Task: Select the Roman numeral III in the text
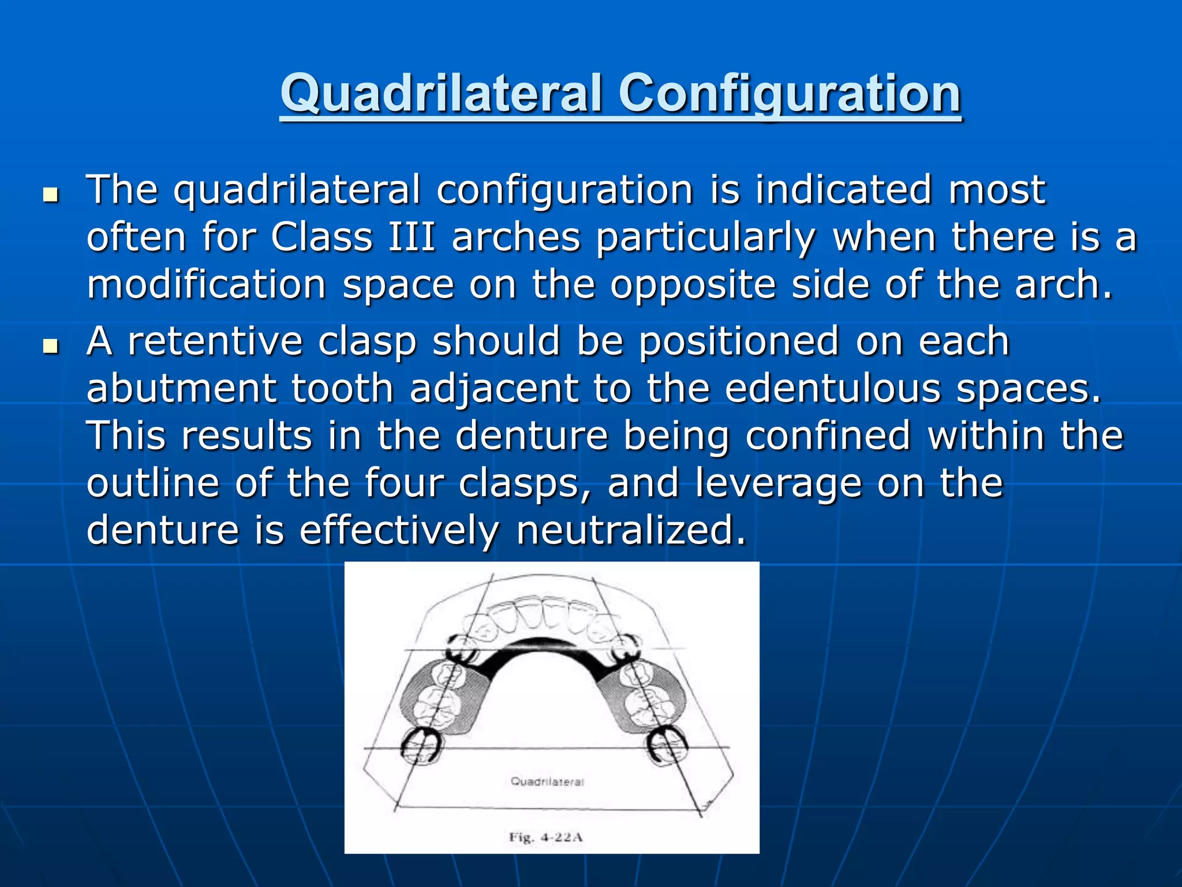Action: [412, 237]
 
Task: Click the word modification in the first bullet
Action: [207, 285]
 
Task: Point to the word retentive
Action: [215, 341]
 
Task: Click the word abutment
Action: [181, 389]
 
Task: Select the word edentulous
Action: [832, 389]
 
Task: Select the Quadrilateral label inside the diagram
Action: [547, 782]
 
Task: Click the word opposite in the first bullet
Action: [693, 285]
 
